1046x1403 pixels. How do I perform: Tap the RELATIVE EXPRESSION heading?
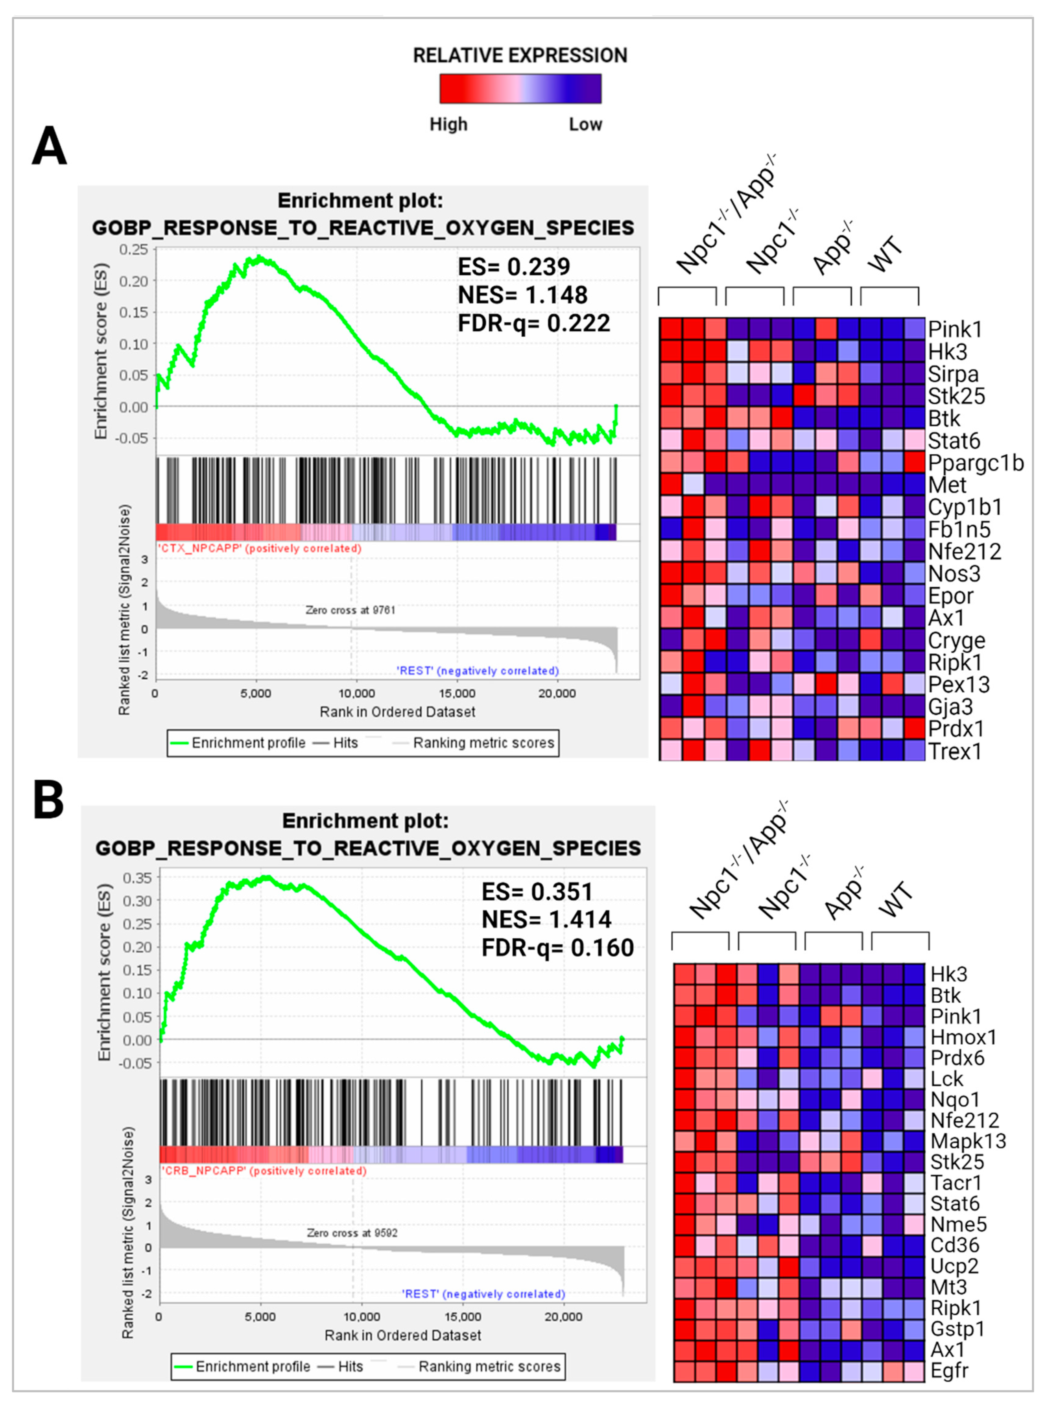click(x=520, y=56)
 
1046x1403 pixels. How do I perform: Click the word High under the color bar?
click(x=448, y=124)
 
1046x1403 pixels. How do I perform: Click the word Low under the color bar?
click(x=585, y=124)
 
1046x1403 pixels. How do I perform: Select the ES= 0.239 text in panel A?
click(x=513, y=267)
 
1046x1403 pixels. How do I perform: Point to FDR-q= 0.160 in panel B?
click(x=557, y=948)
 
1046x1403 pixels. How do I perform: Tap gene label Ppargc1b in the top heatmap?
click(x=975, y=463)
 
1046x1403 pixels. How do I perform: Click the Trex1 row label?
click(x=955, y=752)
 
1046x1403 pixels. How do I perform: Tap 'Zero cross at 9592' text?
click(x=352, y=1233)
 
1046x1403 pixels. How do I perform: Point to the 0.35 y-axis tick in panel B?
click(x=137, y=878)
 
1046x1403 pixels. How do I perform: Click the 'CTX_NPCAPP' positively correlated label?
click(x=259, y=548)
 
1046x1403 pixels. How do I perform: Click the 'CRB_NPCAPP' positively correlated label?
click(x=264, y=1171)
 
